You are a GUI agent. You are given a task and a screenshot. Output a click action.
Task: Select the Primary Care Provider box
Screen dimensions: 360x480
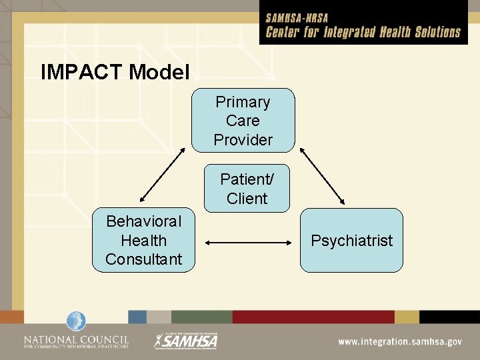pyautogui.click(x=243, y=121)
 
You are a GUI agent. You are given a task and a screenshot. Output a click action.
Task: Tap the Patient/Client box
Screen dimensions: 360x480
pyautogui.click(x=247, y=189)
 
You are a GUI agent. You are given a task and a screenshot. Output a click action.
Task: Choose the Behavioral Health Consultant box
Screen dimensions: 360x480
pyautogui.click(x=144, y=240)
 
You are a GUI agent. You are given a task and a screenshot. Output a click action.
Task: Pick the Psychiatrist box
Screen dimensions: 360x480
pyautogui.click(x=351, y=240)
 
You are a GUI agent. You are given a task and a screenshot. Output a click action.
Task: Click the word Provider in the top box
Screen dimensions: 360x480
pyautogui.click(x=243, y=140)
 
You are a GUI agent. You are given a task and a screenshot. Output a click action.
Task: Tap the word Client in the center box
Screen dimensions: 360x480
pyautogui.click(x=247, y=199)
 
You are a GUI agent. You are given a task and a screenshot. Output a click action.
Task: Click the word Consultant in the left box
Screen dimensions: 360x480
pyautogui.click(x=144, y=259)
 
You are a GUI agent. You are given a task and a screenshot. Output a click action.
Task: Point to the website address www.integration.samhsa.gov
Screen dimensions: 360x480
pyautogui.click(x=399, y=341)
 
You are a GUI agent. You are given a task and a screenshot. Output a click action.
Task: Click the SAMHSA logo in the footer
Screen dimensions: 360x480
pyautogui.click(x=186, y=341)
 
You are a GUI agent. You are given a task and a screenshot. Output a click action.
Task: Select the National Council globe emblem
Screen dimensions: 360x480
pyautogui.click(x=76, y=322)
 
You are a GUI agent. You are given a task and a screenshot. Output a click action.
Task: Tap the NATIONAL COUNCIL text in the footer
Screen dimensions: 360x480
pyautogui.click(x=76, y=337)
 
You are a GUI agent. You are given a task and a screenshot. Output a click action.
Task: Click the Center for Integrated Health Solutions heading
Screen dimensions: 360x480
pyautogui.click(x=363, y=32)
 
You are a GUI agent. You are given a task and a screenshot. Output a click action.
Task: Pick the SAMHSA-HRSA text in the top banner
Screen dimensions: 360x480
pyautogui.click(x=297, y=18)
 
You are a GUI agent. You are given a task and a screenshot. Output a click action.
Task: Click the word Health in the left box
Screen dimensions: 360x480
pyautogui.click(x=144, y=240)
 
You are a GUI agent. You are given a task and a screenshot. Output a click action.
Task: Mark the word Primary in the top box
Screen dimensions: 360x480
pyautogui.click(x=243, y=102)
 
